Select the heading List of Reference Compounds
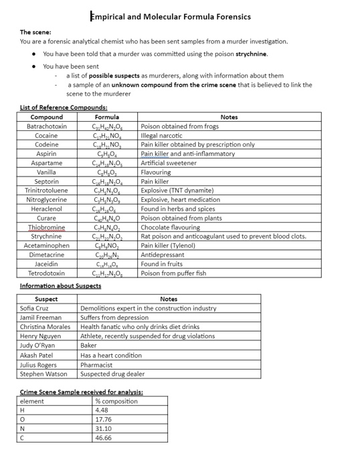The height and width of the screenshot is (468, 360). tap(64, 108)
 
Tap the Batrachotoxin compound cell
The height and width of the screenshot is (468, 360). tap(47, 126)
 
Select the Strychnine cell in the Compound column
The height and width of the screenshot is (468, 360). tap(47, 236)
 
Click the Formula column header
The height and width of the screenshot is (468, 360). tap(107, 117)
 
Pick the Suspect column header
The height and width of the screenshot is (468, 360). tap(46, 299)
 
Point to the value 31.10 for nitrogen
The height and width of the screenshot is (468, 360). tap(103, 429)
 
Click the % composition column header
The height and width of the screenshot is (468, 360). tap(116, 401)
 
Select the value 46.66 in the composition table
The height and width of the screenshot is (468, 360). tap(103, 438)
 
